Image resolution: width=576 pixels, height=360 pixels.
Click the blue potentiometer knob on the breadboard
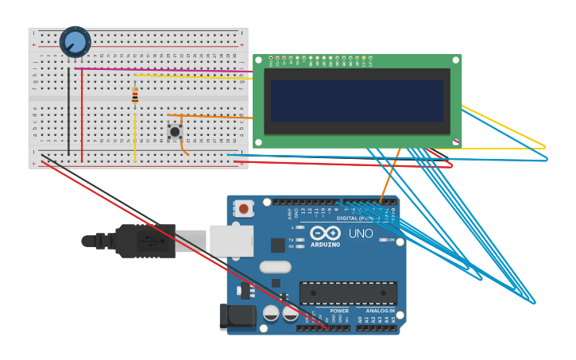pos(75,41)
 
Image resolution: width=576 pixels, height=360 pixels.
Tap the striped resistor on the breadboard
pos(135,95)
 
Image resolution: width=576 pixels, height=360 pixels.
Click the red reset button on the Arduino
pos(244,208)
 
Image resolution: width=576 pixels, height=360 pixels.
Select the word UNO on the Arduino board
pos(361,234)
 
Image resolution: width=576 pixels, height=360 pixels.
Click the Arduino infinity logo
pos(325,233)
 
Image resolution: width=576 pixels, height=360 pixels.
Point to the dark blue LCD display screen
pos(356,101)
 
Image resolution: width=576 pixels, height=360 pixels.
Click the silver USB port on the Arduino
pos(231,241)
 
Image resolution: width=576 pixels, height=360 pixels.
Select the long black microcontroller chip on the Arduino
pos(347,292)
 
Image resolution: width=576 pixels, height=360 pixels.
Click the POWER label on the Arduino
pos(338,311)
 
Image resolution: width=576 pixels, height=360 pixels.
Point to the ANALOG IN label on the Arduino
pos(379,311)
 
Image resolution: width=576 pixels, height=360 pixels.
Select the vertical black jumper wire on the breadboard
pos(68,111)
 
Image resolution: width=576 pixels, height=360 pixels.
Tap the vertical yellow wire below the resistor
pos(135,137)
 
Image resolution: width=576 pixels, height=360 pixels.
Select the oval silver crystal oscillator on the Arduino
pos(275,267)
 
